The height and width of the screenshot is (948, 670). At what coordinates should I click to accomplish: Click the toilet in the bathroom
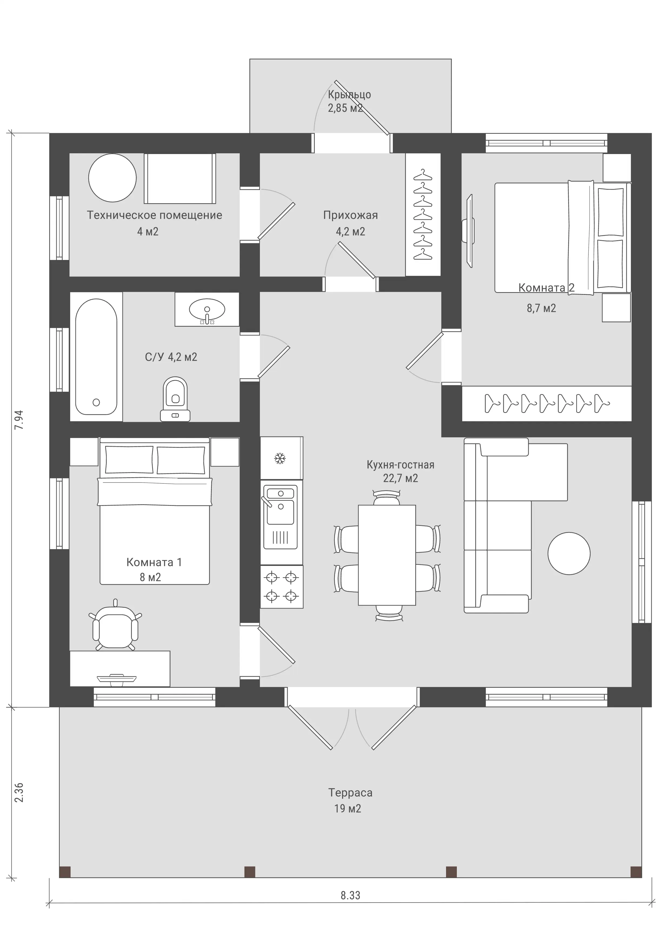pos(175,399)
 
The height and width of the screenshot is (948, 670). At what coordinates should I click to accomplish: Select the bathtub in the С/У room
pos(96,356)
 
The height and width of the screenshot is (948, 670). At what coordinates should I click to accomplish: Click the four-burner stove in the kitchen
pos(282,587)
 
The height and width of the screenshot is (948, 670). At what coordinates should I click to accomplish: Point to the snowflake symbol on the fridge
pos(280,458)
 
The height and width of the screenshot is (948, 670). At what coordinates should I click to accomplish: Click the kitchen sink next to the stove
pos(281,517)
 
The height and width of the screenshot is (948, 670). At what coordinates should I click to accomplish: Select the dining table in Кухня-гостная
pos(387,555)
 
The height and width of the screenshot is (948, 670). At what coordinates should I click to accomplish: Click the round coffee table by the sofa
pos(569,553)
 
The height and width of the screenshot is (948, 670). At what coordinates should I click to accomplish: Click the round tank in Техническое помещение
pos(112,178)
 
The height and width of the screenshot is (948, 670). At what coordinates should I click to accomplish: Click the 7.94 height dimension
pos(19,420)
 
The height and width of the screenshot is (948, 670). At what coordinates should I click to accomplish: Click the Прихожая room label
pos(350,215)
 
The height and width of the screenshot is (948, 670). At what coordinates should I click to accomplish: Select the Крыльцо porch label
pos(349,95)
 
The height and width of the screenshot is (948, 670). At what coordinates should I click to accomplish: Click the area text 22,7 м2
pos(400,478)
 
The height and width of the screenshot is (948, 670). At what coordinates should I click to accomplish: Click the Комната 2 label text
pos(546,288)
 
